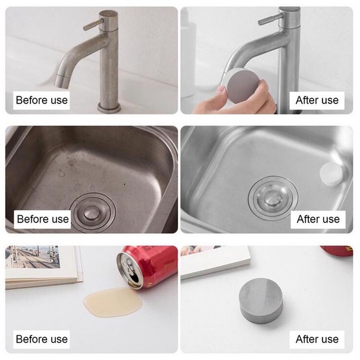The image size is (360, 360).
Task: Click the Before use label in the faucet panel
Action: (42, 100)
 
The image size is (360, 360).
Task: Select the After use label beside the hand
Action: (317, 100)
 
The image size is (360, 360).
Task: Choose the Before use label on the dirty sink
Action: (43, 219)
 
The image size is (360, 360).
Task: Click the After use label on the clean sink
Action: (318, 219)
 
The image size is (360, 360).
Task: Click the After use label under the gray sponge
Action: (317, 339)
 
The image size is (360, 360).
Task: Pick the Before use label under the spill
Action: (42, 339)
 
